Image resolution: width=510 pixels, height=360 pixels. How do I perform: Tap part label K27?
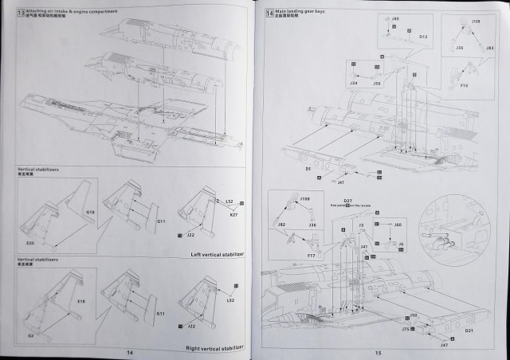(x=233, y=215)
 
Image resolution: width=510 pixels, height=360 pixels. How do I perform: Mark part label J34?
(x=353, y=82)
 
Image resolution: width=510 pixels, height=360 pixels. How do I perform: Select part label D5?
(x=307, y=170)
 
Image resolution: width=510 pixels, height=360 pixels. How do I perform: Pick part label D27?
(x=348, y=200)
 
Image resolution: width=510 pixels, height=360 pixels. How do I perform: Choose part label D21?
(x=469, y=330)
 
